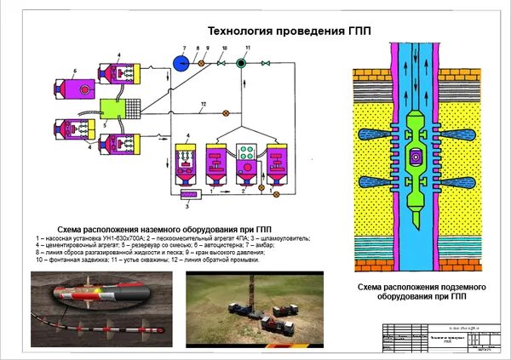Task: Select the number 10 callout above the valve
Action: pos(224,49)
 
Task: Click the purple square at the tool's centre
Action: pos(416,158)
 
